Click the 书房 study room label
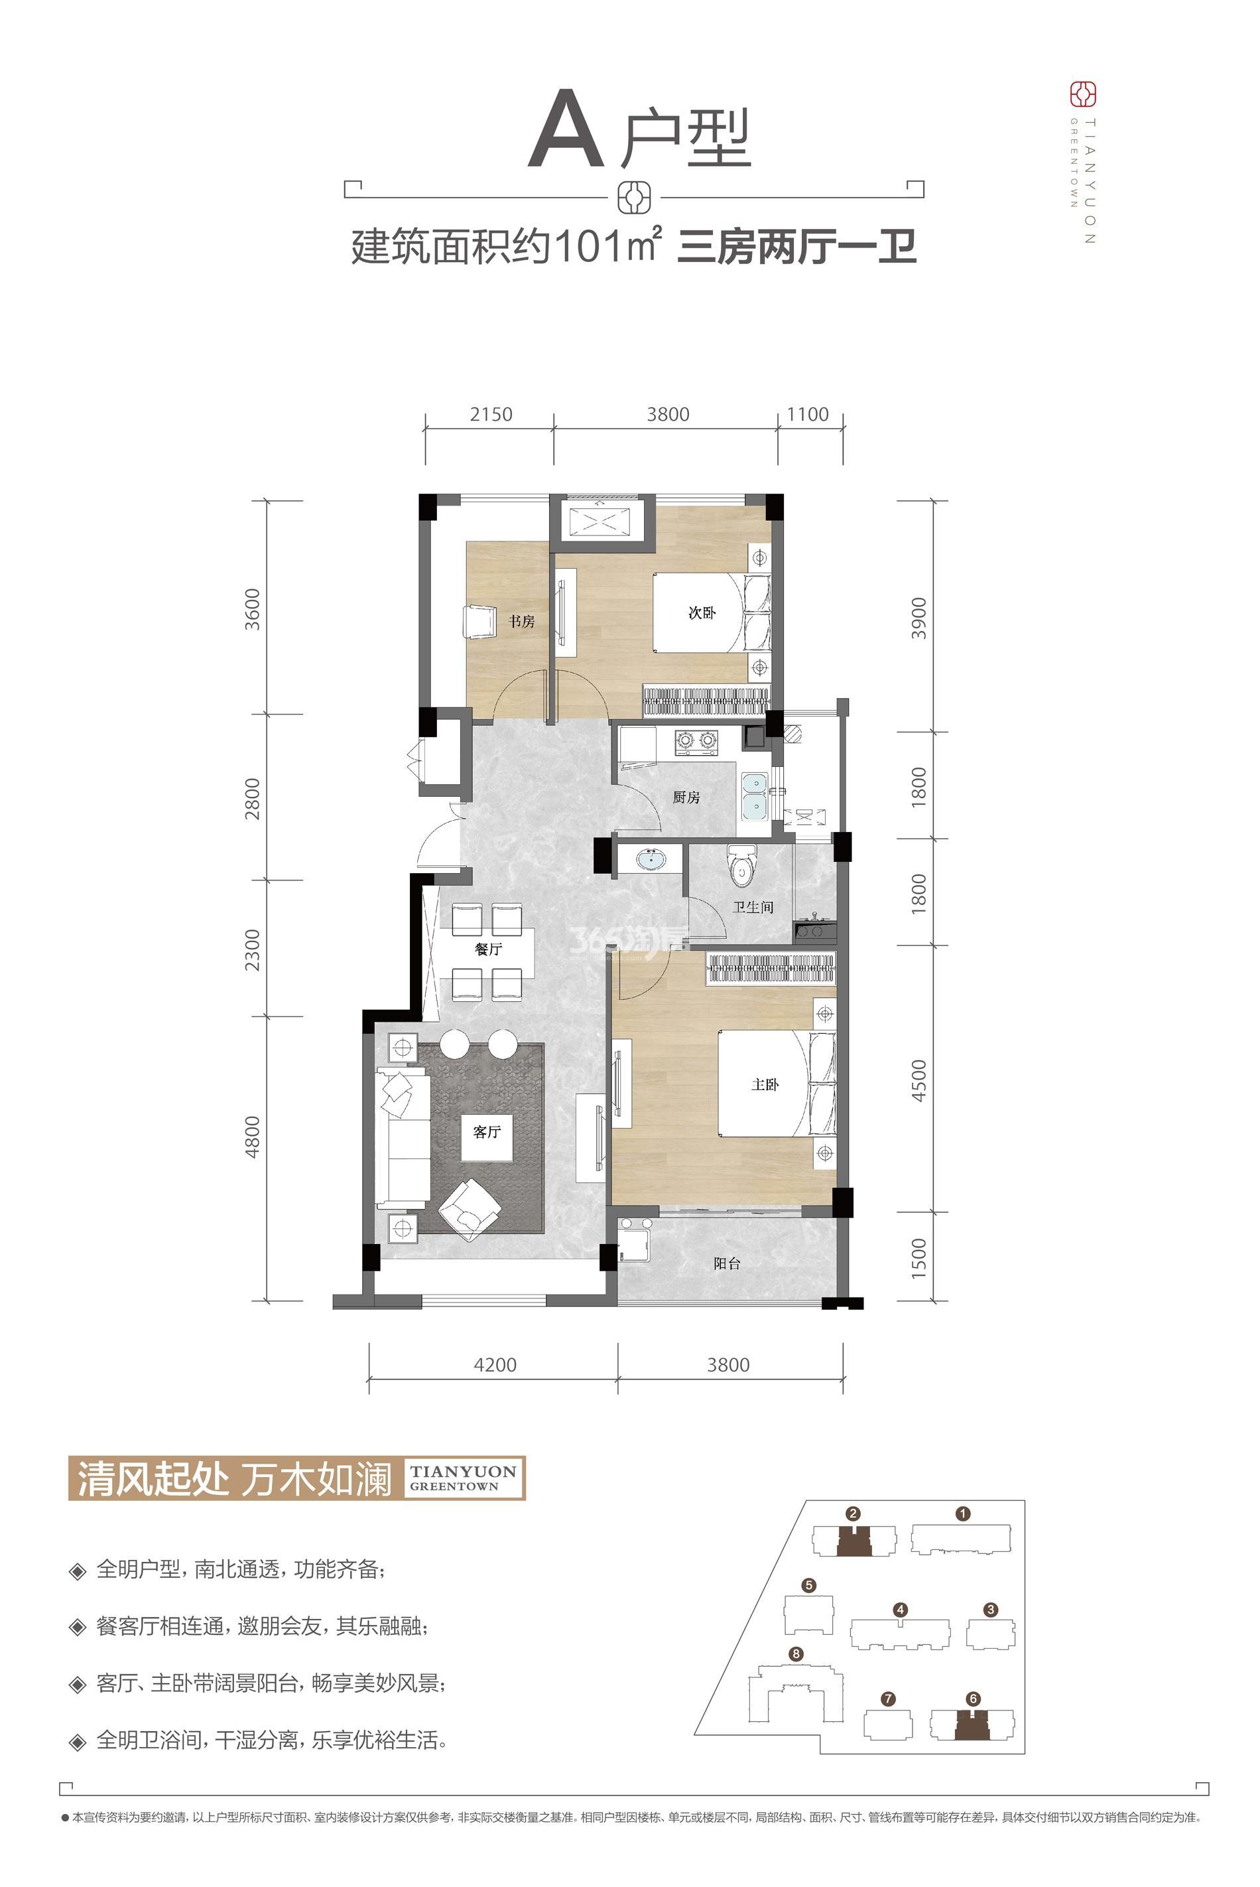(x=521, y=622)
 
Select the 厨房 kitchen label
(x=686, y=798)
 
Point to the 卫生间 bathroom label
(x=753, y=907)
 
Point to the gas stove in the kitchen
(x=696, y=740)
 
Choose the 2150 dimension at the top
(x=491, y=414)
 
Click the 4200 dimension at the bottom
(x=495, y=1364)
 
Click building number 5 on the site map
(x=808, y=1586)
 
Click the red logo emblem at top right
(x=1083, y=95)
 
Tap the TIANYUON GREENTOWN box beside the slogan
(x=463, y=1478)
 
